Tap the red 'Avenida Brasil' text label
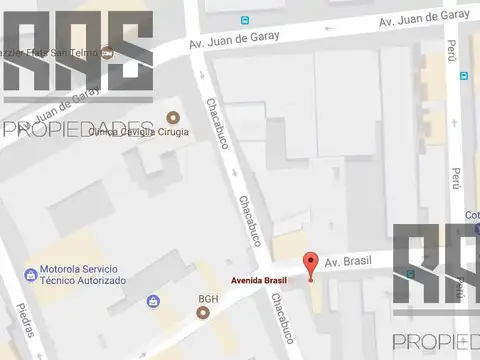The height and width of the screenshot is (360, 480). click(259, 280)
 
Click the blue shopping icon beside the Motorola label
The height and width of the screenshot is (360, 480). click(31, 272)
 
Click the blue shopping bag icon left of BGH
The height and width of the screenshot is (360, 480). click(153, 301)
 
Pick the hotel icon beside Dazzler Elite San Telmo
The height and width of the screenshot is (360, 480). click(108, 52)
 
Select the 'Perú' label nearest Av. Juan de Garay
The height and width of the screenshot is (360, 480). click(452, 50)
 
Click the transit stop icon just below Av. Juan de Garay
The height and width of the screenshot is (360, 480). click(463, 75)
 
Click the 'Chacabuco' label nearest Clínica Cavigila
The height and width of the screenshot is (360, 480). click(217, 123)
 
